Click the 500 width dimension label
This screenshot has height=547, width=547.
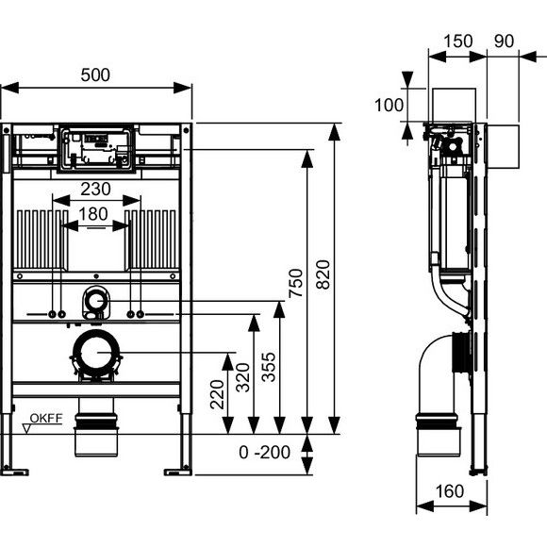click(95, 75)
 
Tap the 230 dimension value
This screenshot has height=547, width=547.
click(95, 189)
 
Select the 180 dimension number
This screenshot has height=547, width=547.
click(92, 214)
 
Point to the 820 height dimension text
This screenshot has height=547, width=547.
click(323, 274)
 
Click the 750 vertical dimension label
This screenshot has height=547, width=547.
click(295, 283)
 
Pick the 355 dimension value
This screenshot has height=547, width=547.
click(269, 367)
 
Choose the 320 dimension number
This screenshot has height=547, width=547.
click(242, 377)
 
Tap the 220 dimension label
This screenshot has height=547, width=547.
click(217, 394)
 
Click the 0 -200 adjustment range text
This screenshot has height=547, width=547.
click(264, 453)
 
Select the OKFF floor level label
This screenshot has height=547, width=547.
click(46, 418)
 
